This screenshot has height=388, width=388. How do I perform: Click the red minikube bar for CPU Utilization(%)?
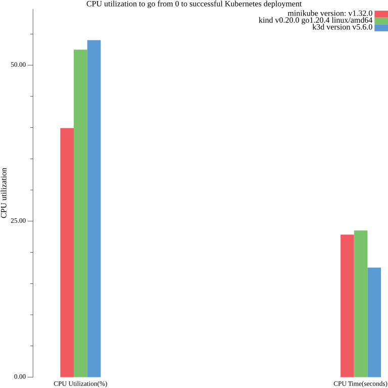[67, 253]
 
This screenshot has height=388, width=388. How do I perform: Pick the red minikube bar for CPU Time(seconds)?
[347, 306]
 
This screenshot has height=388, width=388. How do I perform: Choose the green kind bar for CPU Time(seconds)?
[361, 304]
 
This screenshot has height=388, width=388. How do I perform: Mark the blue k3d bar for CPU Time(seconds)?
[374, 322]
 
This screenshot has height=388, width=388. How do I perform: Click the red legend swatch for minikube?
[381, 14]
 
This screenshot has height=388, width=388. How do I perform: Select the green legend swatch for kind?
[381, 21]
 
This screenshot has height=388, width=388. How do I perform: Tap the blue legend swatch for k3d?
[381, 28]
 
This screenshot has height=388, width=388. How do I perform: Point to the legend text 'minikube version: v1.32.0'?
[330, 13]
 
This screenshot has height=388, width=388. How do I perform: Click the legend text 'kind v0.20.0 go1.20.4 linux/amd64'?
[315, 20]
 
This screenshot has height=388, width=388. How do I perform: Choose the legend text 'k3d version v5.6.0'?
[343, 27]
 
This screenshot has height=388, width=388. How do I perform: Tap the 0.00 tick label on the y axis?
[20, 377]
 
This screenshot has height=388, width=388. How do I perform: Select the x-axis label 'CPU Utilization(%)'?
[80, 384]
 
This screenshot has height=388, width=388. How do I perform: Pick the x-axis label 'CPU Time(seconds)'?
[360, 384]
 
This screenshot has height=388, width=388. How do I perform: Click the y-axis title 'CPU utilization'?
[5, 194]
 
